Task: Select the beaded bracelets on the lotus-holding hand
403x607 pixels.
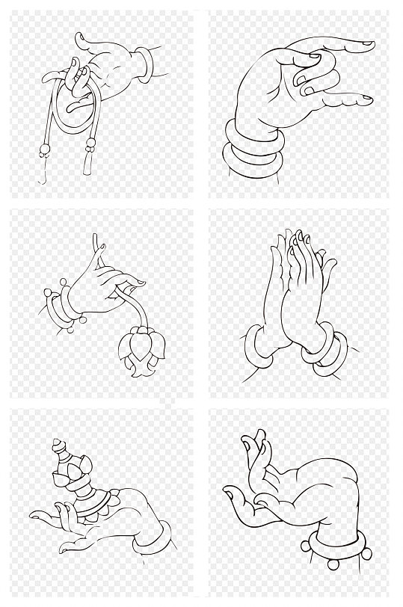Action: [64, 306]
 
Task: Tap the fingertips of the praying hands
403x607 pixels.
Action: [299, 238]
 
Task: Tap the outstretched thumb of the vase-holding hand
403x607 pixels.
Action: [41, 516]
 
